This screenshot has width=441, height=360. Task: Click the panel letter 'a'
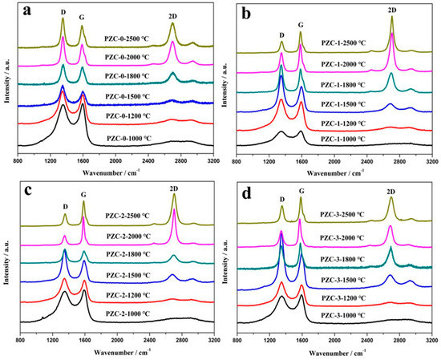(x=28, y=14)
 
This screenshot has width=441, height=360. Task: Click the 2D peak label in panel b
(x=391, y=9)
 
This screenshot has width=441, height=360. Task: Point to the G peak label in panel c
(x=83, y=192)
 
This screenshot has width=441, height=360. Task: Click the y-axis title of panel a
(x=6, y=80)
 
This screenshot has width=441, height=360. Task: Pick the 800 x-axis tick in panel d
(x=238, y=340)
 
